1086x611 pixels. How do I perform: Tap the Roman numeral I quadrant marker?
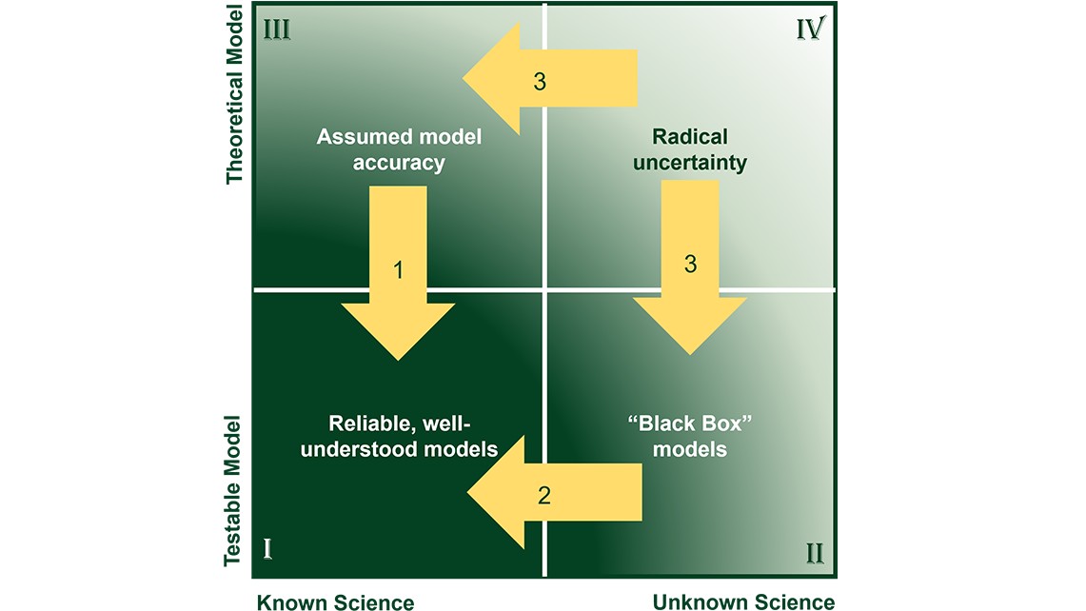coord(268,548)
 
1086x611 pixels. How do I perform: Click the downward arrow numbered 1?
coord(398,276)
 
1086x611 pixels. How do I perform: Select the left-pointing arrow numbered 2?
coord(552,494)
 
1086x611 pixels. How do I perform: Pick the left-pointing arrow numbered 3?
coord(547,80)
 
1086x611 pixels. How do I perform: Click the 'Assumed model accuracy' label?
coord(399,149)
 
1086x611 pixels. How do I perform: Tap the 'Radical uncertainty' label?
coord(699,149)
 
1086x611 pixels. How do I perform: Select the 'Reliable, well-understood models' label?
coord(400,436)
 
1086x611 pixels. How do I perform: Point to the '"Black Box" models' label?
coord(690,436)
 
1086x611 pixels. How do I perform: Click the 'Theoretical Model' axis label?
coord(235,92)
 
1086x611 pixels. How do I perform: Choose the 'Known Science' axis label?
coord(335,601)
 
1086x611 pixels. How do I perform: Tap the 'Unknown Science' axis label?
coord(742,601)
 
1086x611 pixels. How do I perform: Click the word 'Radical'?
coord(699,136)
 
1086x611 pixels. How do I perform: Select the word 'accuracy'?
coord(399,163)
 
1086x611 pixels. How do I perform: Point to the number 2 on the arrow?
coord(544,495)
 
